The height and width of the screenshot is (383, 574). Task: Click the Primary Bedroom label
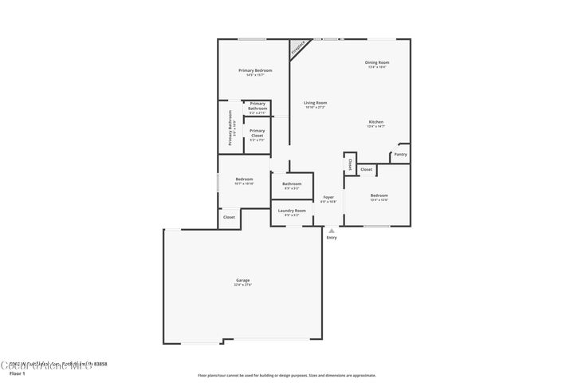tap(255, 70)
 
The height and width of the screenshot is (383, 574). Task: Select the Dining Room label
tap(376, 62)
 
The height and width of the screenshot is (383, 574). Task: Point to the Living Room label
tap(315, 103)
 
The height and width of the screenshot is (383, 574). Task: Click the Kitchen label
tap(375, 122)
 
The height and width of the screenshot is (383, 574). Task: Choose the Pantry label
tap(400, 154)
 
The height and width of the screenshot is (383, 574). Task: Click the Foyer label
tap(328, 196)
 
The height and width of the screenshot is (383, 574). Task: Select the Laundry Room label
tap(292, 211)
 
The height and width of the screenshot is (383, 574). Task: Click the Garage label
tap(243, 281)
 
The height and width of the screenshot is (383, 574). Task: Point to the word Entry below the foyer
tap(332, 238)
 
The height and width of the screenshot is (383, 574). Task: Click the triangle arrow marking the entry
tap(332, 231)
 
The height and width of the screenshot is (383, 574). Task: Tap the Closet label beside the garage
tap(229, 217)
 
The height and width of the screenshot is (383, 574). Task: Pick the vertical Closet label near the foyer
tap(349, 164)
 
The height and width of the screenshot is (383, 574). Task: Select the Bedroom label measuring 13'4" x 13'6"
tap(379, 195)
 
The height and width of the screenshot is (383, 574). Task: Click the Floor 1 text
tap(18, 373)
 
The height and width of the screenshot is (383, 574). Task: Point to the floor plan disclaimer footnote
tap(286, 374)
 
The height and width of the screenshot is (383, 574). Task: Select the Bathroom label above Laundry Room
tap(292, 184)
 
